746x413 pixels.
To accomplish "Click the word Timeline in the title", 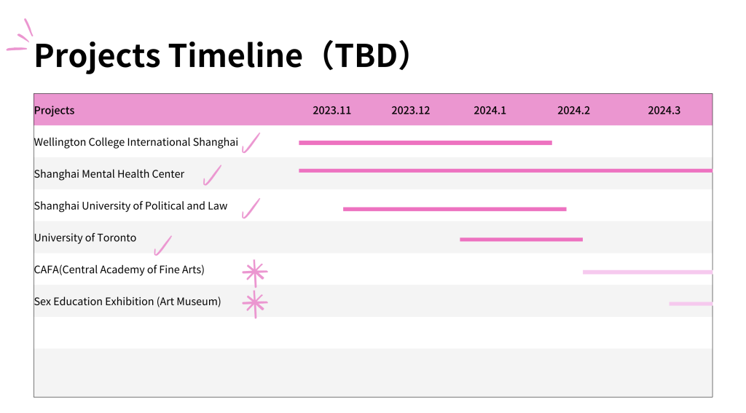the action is (235, 55).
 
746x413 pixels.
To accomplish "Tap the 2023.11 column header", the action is (331, 111).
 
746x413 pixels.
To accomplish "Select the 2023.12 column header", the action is (411, 111).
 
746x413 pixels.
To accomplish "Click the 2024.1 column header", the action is (490, 111).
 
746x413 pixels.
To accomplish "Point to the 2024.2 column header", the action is (574, 111).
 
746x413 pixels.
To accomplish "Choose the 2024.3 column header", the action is (664, 111).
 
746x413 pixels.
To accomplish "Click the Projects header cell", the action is (54, 111).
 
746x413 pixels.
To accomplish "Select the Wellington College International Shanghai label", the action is (136, 142).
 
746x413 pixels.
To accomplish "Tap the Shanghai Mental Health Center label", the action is (109, 174).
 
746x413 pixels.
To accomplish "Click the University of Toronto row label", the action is (85, 238).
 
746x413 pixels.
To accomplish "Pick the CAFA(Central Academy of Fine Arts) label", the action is (119, 270).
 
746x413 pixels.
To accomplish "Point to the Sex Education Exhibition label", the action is (127, 302).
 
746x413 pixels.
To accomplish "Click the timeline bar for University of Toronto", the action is (521, 240).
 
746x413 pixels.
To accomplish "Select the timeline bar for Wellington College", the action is (425, 143).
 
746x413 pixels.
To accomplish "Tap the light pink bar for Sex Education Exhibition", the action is (691, 304).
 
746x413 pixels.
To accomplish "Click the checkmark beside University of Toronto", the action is (162, 246).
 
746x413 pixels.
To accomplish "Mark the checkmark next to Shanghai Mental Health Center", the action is (212, 175).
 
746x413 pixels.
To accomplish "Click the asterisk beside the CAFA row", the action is (254, 272).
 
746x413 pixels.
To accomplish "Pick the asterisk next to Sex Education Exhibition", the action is (255, 302).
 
